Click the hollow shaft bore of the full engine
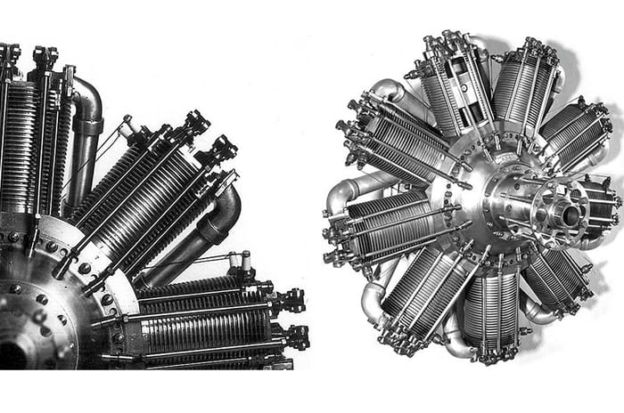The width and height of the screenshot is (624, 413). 567,215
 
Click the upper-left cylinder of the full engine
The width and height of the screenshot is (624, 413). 397,148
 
